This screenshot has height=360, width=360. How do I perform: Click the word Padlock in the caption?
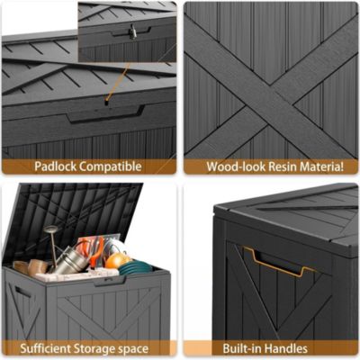coord(52,166)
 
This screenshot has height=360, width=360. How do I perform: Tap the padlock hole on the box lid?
coord(106,102)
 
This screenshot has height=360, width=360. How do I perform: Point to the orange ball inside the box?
coord(118,260)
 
